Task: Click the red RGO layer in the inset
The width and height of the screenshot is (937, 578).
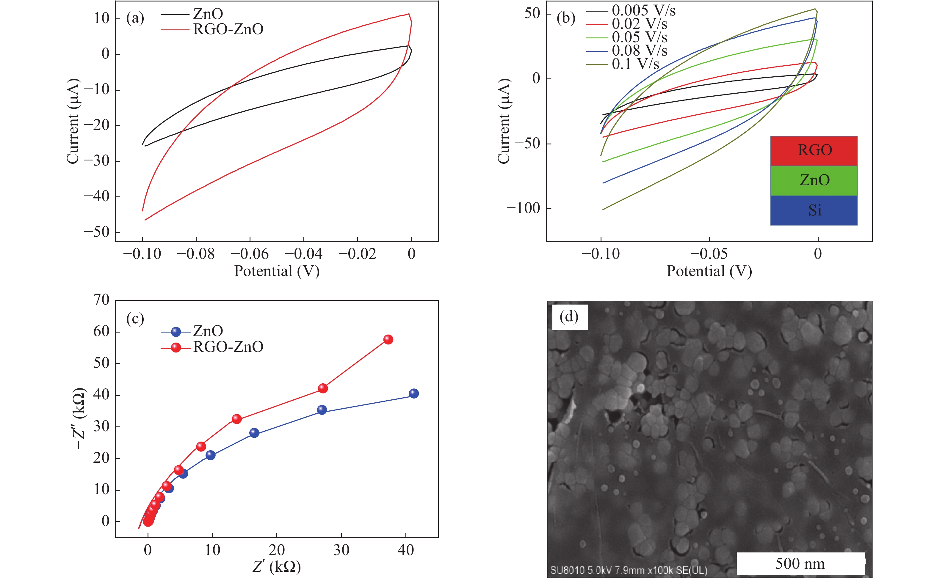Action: tap(814, 150)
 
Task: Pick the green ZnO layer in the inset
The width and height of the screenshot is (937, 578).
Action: tap(814, 180)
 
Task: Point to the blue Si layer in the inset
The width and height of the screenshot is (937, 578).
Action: tap(814, 210)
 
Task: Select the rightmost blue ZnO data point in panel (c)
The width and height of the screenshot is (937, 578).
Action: tap(413, 393)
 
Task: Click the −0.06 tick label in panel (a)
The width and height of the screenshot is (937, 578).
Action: tap(250, 254)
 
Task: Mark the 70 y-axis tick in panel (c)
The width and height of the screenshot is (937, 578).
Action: tap(101, 300)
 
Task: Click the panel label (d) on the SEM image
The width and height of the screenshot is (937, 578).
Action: tap(569, 316)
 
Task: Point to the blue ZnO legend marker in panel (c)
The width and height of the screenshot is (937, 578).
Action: tap(176, 331)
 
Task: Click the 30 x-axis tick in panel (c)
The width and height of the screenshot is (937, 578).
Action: tap(341, 550)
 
